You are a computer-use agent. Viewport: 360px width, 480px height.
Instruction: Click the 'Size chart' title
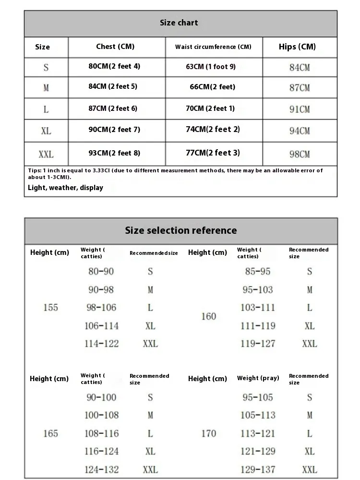[x=179, y=23]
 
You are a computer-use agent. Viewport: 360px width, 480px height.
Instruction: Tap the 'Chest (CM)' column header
[x=115, y=47]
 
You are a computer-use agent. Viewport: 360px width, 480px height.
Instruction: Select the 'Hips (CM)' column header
[x=297, y=47]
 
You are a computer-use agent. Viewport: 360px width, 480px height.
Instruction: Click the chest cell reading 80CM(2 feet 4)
[x=114, y=66]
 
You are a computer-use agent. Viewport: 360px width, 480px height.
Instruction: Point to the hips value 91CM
[x=300, y=109]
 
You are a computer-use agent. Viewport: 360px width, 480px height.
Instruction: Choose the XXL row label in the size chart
[x=46, y=154]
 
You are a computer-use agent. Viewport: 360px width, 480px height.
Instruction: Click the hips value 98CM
[x=300, y=154]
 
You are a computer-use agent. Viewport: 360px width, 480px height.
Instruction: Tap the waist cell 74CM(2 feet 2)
[x=213, y=129]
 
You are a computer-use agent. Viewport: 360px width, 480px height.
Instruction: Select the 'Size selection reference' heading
[x=181, y=230]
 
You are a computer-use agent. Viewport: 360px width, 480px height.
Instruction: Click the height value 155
[x=50, y=308]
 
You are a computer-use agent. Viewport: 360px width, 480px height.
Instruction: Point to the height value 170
[x=208, y=433]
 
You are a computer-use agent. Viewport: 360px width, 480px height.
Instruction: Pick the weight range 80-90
[x=101, y=272]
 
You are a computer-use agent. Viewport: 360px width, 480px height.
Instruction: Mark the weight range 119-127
[x=258, y=344]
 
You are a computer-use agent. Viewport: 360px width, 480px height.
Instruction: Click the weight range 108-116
[x=102, y=433]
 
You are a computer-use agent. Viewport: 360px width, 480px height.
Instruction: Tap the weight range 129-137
[x=258, y=469]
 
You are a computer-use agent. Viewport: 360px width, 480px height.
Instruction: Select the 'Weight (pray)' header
[x=258, y=378]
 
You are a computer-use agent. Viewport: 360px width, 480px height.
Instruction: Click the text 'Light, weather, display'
[x=65, y=188]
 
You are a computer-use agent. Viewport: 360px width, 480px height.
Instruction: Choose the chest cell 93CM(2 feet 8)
[x=114, y=153]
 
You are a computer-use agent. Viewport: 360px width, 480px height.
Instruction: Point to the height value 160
[x=208, y=317]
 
